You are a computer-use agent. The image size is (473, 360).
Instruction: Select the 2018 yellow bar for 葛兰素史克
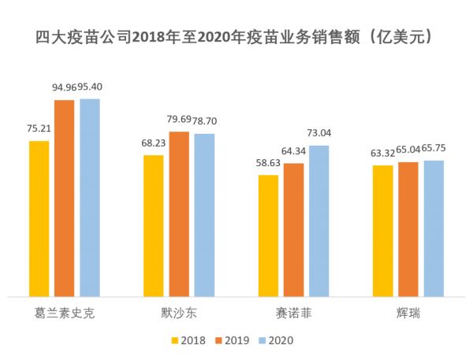pos(39,218)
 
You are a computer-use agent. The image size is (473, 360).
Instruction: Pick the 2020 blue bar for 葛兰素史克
pos(90,198)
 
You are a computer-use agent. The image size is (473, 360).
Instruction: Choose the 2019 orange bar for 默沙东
pos(179,213)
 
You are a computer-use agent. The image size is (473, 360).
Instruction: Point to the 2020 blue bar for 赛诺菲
pos(319,221)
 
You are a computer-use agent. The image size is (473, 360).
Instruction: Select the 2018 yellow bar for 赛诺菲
pos(268,236)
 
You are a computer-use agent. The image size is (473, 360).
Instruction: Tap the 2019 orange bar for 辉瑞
pos(408,228)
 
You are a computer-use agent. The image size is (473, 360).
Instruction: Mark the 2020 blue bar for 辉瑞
pos(434,228)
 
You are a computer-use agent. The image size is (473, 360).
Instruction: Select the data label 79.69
pos(179,121)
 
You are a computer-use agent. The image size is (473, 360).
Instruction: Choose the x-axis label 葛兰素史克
pos(65,314)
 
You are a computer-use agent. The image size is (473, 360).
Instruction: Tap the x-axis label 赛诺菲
pos(294,314)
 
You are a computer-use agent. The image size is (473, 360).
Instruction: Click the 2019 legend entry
pos(235,340)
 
